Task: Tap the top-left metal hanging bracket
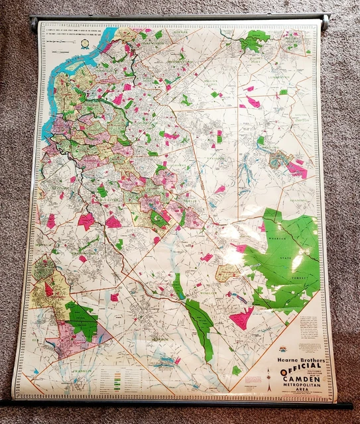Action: pos(34,24)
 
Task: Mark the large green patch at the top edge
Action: pos(255,40)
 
